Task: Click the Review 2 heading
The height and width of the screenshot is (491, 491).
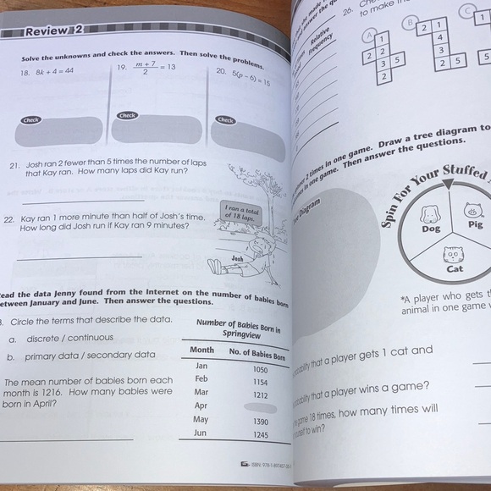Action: pyautogui.click(x=52, y=33)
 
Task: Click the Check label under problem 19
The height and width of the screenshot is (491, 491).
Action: pyautogui.click(x=127, y=115)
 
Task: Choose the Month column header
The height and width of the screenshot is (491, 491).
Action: pyautogui.click(x=201, y=350)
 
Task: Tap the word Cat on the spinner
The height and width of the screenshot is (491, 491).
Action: pyautogui.click(x=455, y=269)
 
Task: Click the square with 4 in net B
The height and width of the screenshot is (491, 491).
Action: pyautogui.click(x=440, y=37)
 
